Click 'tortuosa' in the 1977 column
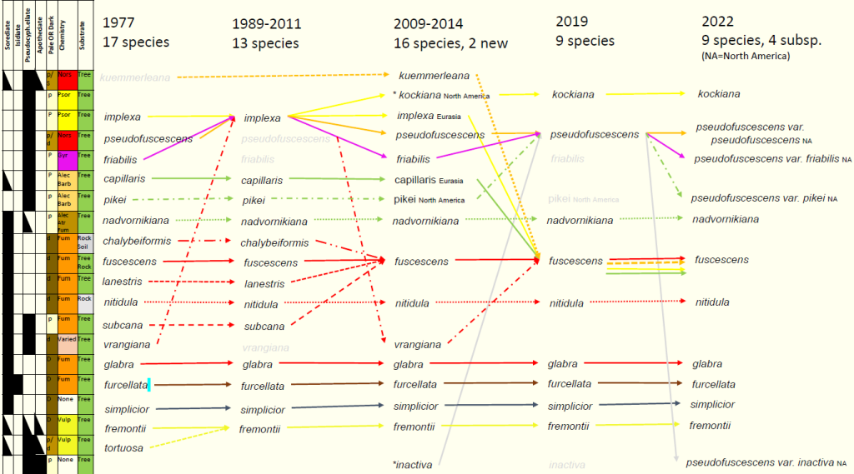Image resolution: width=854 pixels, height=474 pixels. [123, 448]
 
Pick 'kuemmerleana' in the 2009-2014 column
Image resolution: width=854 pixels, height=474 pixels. [434, 76]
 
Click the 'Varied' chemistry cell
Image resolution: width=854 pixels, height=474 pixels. [67, 339]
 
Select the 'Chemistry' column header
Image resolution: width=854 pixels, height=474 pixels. [63, 38]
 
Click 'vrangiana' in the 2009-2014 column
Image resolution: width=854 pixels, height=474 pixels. [417, 345]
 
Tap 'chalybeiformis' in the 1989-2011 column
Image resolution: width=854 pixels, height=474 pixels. [274, 243]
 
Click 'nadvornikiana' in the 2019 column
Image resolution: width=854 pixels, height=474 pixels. [580, 220]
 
